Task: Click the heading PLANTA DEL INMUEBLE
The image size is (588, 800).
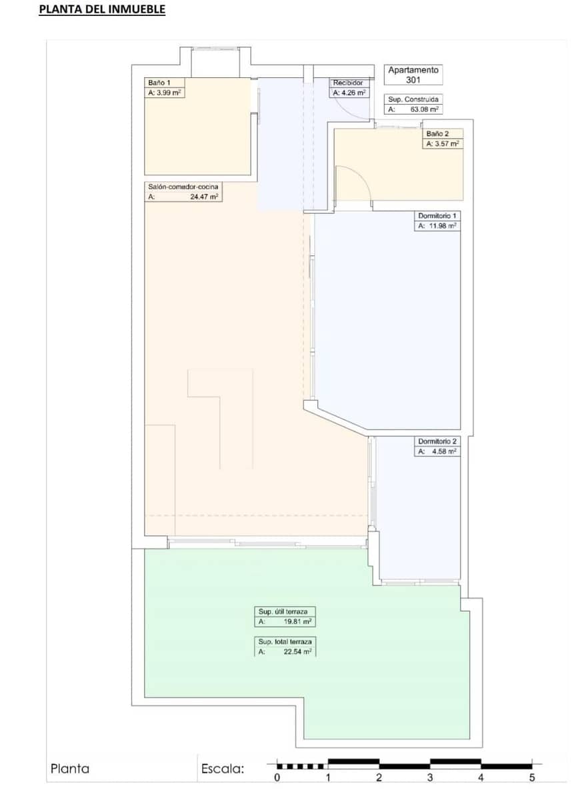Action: (x=102, y=10)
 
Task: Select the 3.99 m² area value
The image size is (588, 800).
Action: (x=167, y=93)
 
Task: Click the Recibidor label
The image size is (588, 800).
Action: (x=349, y=83)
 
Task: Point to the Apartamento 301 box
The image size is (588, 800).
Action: (x=413, y=74)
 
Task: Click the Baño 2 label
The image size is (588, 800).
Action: (x=438, y=133)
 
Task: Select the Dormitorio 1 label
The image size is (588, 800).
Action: (x=437, y=216)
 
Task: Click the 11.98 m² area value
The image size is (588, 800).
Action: (x=441, y=227)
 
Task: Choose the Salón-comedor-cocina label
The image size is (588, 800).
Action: (x=183, y=187)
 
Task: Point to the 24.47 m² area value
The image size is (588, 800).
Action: (x=204, y=197)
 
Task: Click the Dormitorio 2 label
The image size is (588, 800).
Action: (x=437, y=441)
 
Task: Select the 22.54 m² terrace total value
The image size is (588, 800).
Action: (x=296, y=652)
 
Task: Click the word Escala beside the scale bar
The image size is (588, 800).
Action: (x=223, y=769)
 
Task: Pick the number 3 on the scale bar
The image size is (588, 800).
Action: (x=430, y=777)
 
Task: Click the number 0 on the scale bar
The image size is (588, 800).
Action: (x=277, y=777)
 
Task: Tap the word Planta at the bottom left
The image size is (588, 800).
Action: (x=70, y=769)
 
